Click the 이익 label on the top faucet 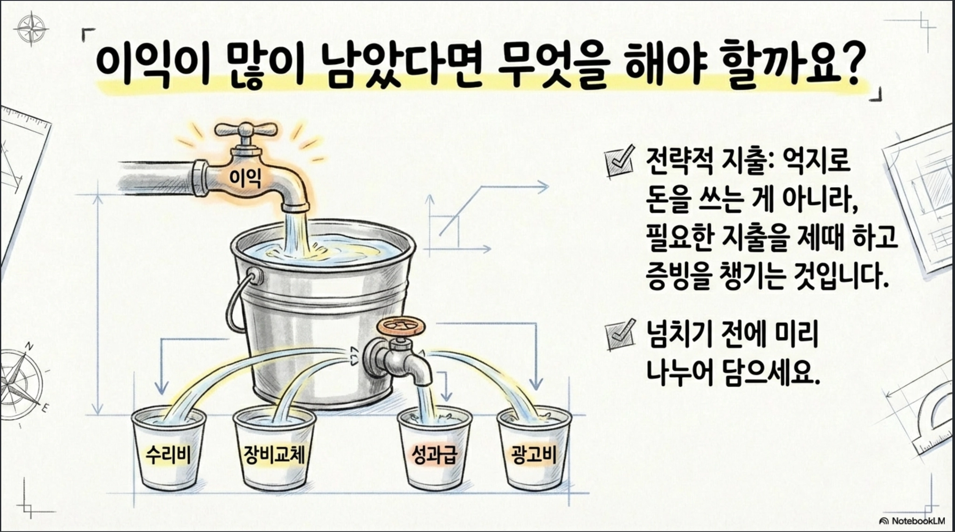245,177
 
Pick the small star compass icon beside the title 31,29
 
